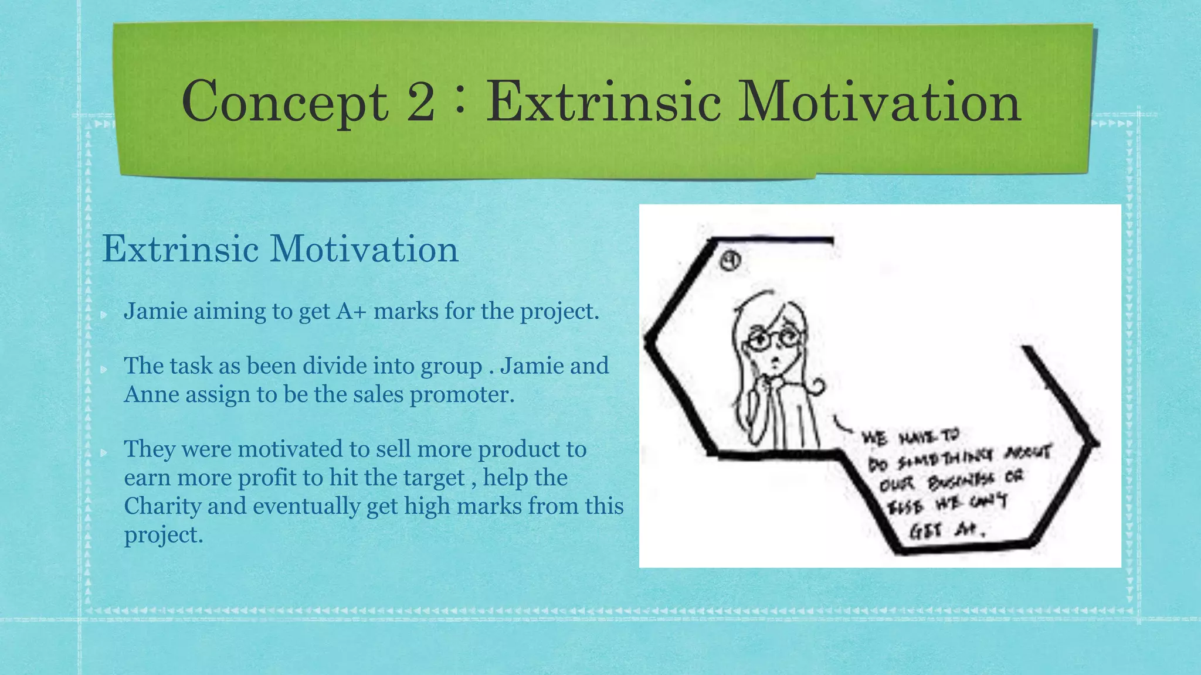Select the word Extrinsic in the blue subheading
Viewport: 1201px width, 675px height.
[x=181, y=249]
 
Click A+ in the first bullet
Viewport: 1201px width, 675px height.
[x=351, y=311]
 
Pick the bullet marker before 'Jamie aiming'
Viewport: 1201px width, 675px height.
[x=104, y=315]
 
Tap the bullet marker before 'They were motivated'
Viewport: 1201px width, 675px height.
[x=104, y=452]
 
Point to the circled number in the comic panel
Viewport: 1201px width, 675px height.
[x=730, y=261]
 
